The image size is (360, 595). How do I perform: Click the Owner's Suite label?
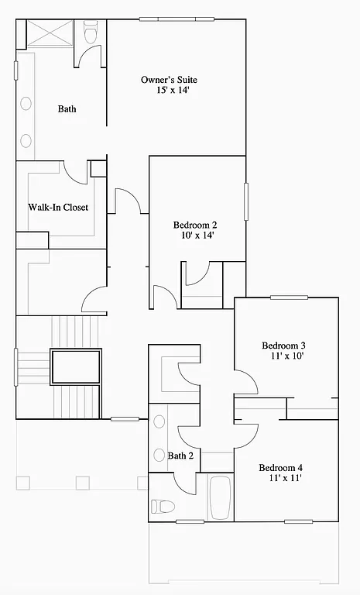(169, 80)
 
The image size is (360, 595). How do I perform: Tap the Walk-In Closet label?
(58, 208)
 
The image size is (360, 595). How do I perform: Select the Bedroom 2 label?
(194, 225)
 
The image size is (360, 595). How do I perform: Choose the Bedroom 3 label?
(283, 346)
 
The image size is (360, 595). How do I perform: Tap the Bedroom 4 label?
(280, 468)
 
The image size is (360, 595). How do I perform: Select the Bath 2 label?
(180, 456)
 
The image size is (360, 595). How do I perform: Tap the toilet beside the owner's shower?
(90, 34)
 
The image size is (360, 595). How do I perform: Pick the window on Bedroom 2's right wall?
(246, 201)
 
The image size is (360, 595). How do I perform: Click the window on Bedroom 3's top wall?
(289, 297)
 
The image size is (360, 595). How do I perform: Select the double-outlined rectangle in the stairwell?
(76, 367)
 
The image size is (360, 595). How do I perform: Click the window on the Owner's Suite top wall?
(177, 19)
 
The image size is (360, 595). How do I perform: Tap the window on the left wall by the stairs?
(16, 367)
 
